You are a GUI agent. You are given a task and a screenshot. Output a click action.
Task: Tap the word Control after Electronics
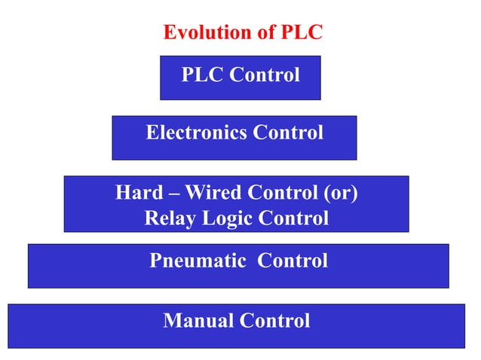click(x=288, y=133)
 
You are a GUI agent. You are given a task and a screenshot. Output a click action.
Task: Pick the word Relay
click(x=166, y=219)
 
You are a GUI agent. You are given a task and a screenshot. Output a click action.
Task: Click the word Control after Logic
click(x=293, y=219)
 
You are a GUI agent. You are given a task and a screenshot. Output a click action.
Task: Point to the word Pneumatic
click(x=197, y=261)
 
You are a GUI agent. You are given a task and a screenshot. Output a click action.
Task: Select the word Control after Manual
click(x=274, y=321)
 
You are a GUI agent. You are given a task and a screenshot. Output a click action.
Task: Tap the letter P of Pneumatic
click(x=155, y=261)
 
